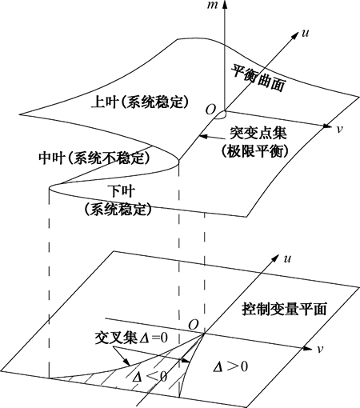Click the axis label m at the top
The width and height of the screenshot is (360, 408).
[213, 5]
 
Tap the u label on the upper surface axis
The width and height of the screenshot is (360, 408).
[305, 33]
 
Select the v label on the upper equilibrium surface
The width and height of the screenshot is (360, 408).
[339, 129]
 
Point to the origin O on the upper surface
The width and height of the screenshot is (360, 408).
[210, 110]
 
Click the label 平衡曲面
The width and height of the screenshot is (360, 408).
[258, 78]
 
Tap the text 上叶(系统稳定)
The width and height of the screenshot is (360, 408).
[140, 102]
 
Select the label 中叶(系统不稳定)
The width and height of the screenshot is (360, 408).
[94, 158]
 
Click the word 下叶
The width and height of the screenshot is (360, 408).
[122, 191]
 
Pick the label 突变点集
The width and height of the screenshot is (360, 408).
[258, 133]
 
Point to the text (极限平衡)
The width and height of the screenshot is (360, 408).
[255, 151]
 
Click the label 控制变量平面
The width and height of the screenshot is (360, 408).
[284, 310]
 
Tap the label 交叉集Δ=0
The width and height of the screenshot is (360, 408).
[131, 338]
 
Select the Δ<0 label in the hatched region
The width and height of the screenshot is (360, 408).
[150, 377]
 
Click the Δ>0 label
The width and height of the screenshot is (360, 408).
[230, 366]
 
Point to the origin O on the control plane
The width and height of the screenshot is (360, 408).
[194, 325]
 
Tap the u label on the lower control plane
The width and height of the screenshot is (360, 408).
[287, 259]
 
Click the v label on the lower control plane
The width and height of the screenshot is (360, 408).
[320, 350]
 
